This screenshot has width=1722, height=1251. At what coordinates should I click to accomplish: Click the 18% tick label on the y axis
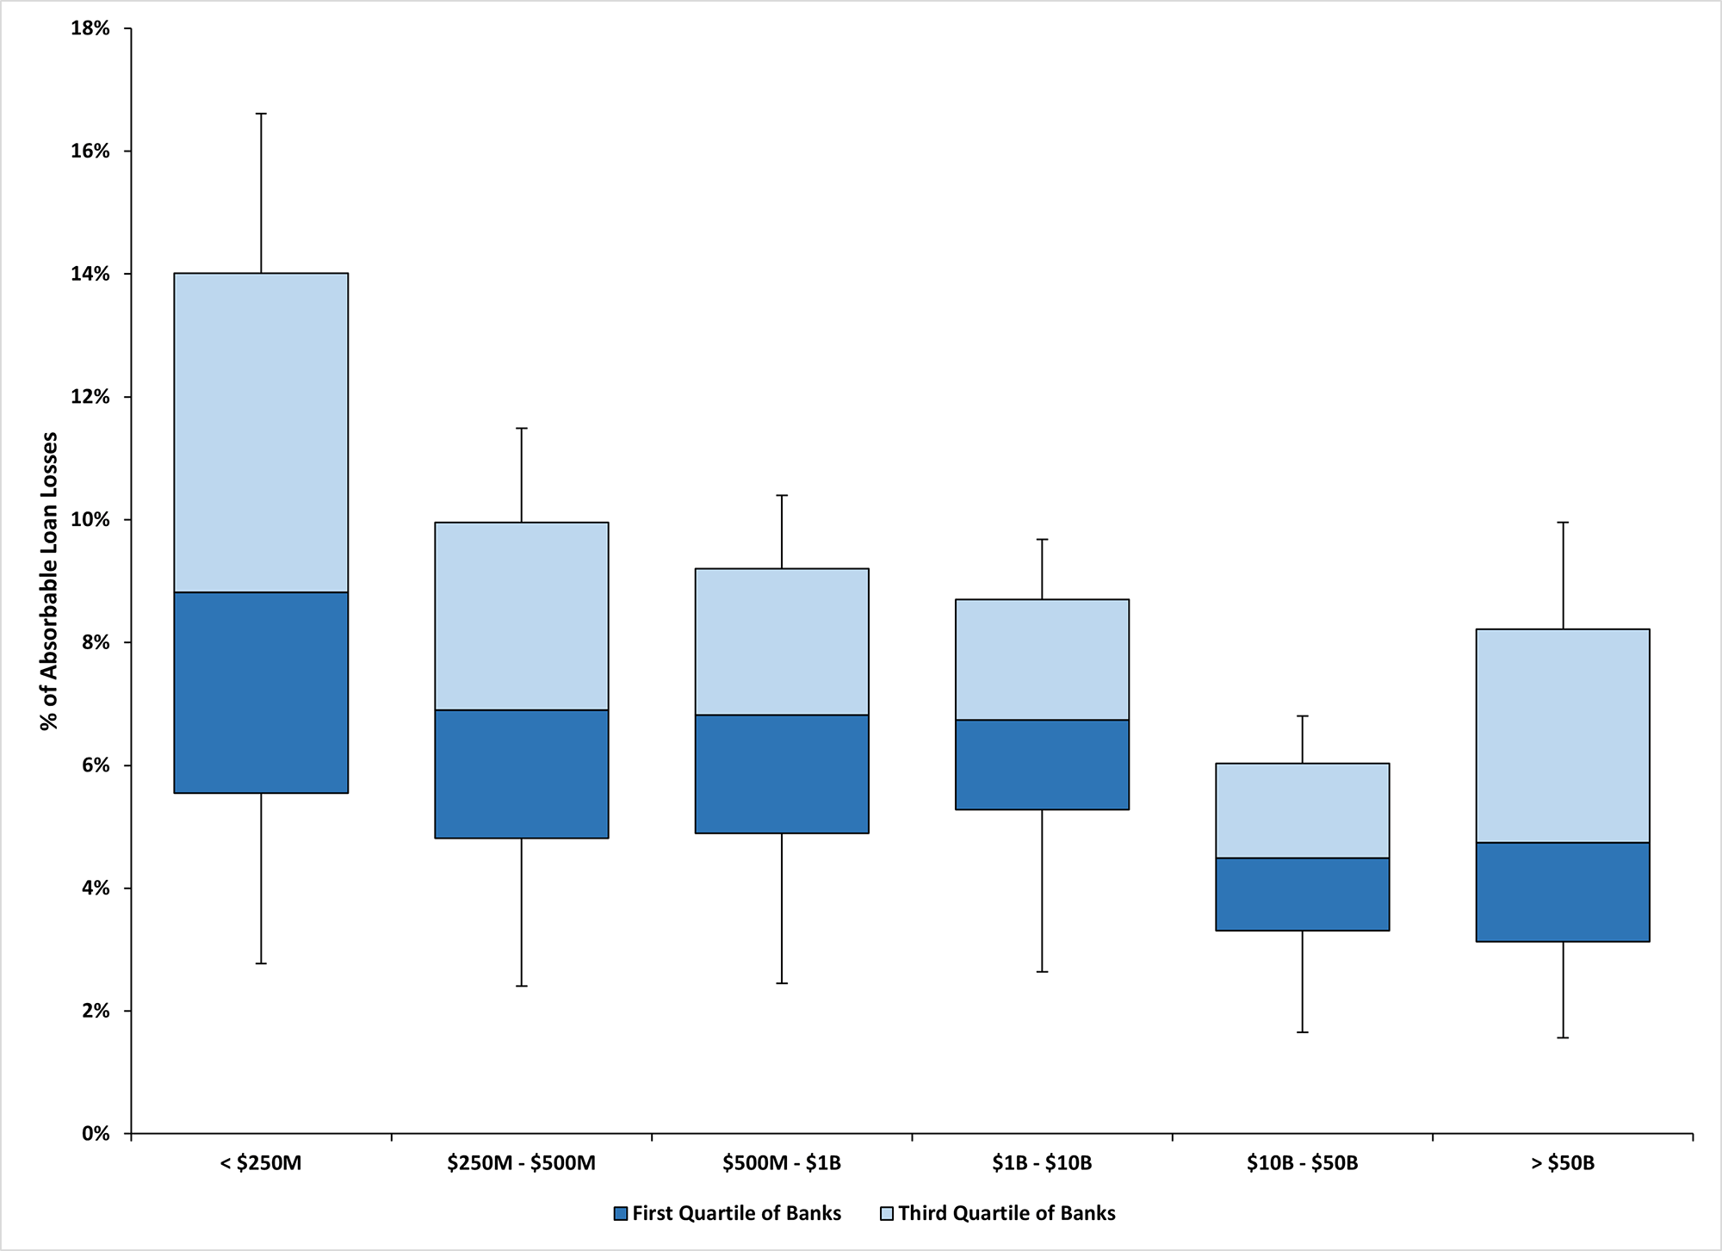pos(90,28)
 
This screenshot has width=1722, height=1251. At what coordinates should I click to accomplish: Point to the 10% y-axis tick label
pos(90,520)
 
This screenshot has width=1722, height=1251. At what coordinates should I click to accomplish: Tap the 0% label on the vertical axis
pos(96,1134)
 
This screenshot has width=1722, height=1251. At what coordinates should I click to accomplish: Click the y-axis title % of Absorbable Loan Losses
pos(50,581)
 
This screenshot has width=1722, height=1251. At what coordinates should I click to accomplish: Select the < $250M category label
pos(261,1163)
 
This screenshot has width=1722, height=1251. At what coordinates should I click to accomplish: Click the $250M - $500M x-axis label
pos(521,1163)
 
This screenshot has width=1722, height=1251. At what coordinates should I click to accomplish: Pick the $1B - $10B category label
pos(1041,1163)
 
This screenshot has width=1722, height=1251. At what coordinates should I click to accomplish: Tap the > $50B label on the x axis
pos(1562,1163)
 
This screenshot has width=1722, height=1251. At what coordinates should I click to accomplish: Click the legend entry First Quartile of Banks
pos(728,1213)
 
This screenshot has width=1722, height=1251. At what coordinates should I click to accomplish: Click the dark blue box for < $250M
pos(261,692)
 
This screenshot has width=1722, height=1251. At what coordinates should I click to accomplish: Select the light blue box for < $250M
pos(261,432)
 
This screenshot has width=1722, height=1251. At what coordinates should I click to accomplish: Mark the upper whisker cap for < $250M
pos(261,114)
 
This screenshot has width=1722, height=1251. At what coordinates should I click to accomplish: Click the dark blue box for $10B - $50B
pos(1302,894)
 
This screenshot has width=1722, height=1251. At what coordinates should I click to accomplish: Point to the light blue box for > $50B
pos(1562,735)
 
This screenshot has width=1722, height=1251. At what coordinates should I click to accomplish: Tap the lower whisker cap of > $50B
pos(1562,1037)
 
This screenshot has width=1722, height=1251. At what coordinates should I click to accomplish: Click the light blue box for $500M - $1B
pos(782,641)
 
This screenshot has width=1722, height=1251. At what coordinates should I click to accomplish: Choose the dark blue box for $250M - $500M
pos(521,773)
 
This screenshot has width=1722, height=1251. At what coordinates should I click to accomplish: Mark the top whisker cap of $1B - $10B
pos(1042,539)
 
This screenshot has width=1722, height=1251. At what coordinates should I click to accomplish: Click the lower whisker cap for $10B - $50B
pos(1302,1031)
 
